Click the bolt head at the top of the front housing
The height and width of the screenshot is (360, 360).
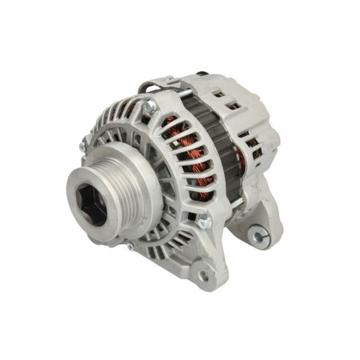tap(150, 105)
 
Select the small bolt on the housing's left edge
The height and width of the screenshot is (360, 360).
tap(84, 144)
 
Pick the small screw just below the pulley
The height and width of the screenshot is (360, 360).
tap(130, 246)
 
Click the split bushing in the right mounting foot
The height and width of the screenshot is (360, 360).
tap(255, 234)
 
